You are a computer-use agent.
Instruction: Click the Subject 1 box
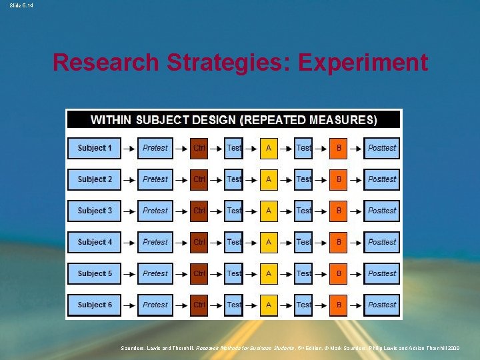click(x=95, y=147)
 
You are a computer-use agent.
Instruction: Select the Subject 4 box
click(x=95, y=242)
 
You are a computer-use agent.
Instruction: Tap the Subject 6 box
click(x=95, y=305)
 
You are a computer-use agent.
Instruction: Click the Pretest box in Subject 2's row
click(x=155, y=179)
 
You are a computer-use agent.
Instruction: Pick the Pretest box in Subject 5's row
click(x=155, y=273)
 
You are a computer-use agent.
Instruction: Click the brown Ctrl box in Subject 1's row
click(x=199, y=147)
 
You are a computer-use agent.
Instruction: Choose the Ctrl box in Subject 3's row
click(x=199, y=211)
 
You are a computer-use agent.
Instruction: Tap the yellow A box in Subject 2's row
click(x=269, y=179)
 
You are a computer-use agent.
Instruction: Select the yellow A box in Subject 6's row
click(x=269, y=305)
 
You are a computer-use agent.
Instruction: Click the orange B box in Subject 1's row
click(x=339, y=147)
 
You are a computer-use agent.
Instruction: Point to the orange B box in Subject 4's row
click(x=339, y=242)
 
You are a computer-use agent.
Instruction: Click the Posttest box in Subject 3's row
click(x=382, y=211)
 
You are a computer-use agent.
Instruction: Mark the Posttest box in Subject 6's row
click(x=382, y=305)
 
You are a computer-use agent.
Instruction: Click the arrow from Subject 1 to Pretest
click(x=129, y=147)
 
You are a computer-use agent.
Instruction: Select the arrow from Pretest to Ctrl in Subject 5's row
click(x=181, y=273)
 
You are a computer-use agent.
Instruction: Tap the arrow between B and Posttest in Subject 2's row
click(x=356, y=179)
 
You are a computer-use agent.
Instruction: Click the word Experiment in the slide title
click(x=363, y=63)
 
